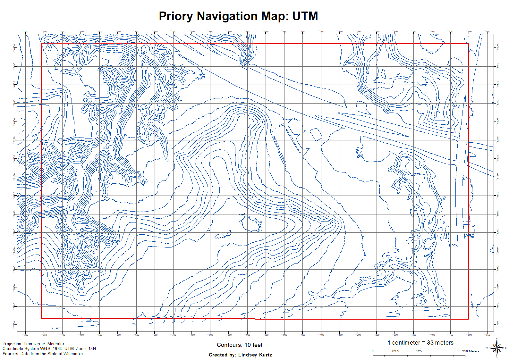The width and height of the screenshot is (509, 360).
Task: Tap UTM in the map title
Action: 305,16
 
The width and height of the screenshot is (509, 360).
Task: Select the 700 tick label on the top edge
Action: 174,32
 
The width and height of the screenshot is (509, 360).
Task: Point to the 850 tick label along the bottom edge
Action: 230,335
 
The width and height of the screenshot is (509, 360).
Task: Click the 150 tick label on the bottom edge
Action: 341,335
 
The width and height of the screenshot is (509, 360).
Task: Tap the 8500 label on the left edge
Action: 14,47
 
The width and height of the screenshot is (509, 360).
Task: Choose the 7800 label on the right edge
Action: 497,306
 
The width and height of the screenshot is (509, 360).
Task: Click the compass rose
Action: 496,348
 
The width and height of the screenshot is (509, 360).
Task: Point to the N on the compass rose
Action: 496,339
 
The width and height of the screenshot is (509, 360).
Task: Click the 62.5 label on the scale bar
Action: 395,351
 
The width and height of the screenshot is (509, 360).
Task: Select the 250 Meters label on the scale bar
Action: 470,351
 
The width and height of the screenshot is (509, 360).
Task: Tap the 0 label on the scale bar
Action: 372,351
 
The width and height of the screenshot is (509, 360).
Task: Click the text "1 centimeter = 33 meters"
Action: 420,343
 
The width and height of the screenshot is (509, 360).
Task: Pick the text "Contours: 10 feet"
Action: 239,345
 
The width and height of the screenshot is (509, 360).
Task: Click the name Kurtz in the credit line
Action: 264,355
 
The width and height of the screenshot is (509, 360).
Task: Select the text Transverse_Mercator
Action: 44,344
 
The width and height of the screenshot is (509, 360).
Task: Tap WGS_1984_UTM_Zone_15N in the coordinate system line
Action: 68,348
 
